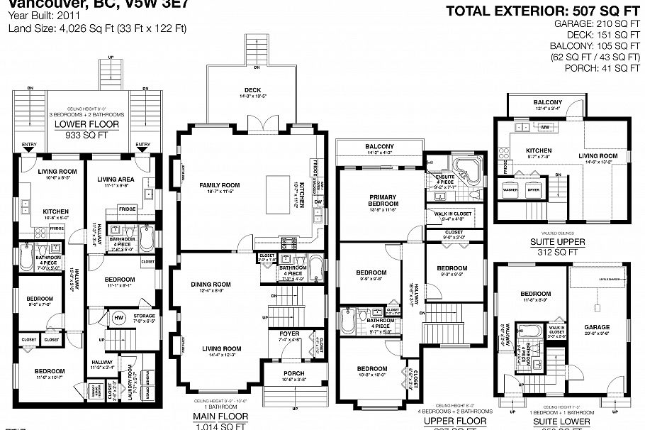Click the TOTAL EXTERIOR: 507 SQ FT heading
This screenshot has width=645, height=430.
(542, 11)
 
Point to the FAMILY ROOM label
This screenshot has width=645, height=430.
(219, 185)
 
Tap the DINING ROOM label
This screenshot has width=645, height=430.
(211, 285)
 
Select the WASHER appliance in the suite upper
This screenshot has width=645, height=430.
(509, 189)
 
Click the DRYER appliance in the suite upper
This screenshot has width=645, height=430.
(533, 189)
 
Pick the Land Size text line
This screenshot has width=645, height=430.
(97, 28)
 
